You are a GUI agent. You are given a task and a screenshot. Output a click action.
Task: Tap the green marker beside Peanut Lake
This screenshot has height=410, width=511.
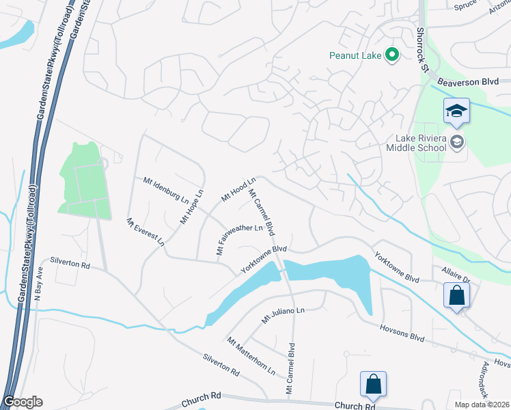click(x=392, y=54)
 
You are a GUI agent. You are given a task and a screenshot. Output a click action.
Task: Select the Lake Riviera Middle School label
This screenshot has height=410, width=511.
click(x=415, y=142)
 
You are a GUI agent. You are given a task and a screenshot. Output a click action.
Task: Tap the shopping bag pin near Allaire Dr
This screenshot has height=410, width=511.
click(x=456, y=297)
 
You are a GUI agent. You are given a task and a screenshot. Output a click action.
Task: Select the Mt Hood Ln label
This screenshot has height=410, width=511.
click(x=238, y=189)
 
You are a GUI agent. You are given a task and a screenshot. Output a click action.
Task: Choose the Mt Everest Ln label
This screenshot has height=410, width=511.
click(x=145, y=232)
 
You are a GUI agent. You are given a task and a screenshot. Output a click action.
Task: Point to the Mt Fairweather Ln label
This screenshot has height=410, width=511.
click(x=240, y=238)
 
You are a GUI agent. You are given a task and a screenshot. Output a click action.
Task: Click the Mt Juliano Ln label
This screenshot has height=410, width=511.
click(x=282, y=315)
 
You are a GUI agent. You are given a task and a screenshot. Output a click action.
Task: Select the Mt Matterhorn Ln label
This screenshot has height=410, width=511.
click(x=251, y=356)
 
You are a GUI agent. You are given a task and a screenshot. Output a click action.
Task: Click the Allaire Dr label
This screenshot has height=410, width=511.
click(x=456, y=275)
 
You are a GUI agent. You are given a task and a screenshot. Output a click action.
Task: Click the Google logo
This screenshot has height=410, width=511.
click(x=23, y=401)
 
